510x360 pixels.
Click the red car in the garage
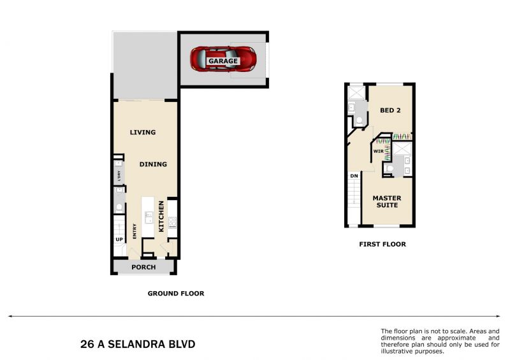click(x=223, y=59)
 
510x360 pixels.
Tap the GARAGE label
click(x=223, y=61)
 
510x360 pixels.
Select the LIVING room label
click(x=143, y=132)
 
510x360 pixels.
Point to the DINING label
click(x=153, y=164)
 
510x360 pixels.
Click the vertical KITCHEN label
click(x=161, y=216)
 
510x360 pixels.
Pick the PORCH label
click(x=143, y=267)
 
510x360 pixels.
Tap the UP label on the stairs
click(x=119, y=240)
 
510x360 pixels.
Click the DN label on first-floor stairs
click(x=354, y=176)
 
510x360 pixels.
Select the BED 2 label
click(x=390, y=110)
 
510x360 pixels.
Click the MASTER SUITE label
click(x=387, y=201)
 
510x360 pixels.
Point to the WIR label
click(x=379, y=151)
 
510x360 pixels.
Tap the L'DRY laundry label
click(x=119, y=176)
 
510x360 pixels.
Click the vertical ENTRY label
click(x=135, y=231)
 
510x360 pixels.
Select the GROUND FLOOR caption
click(x=176, y=293)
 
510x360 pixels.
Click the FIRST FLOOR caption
click(x=382, y=244)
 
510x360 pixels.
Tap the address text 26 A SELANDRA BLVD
click(x=138, y=344)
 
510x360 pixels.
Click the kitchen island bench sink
click(x=149, y=217)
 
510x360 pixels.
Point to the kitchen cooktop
click(x=172, y=222)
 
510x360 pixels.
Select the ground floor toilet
click(x=119, y=207)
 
